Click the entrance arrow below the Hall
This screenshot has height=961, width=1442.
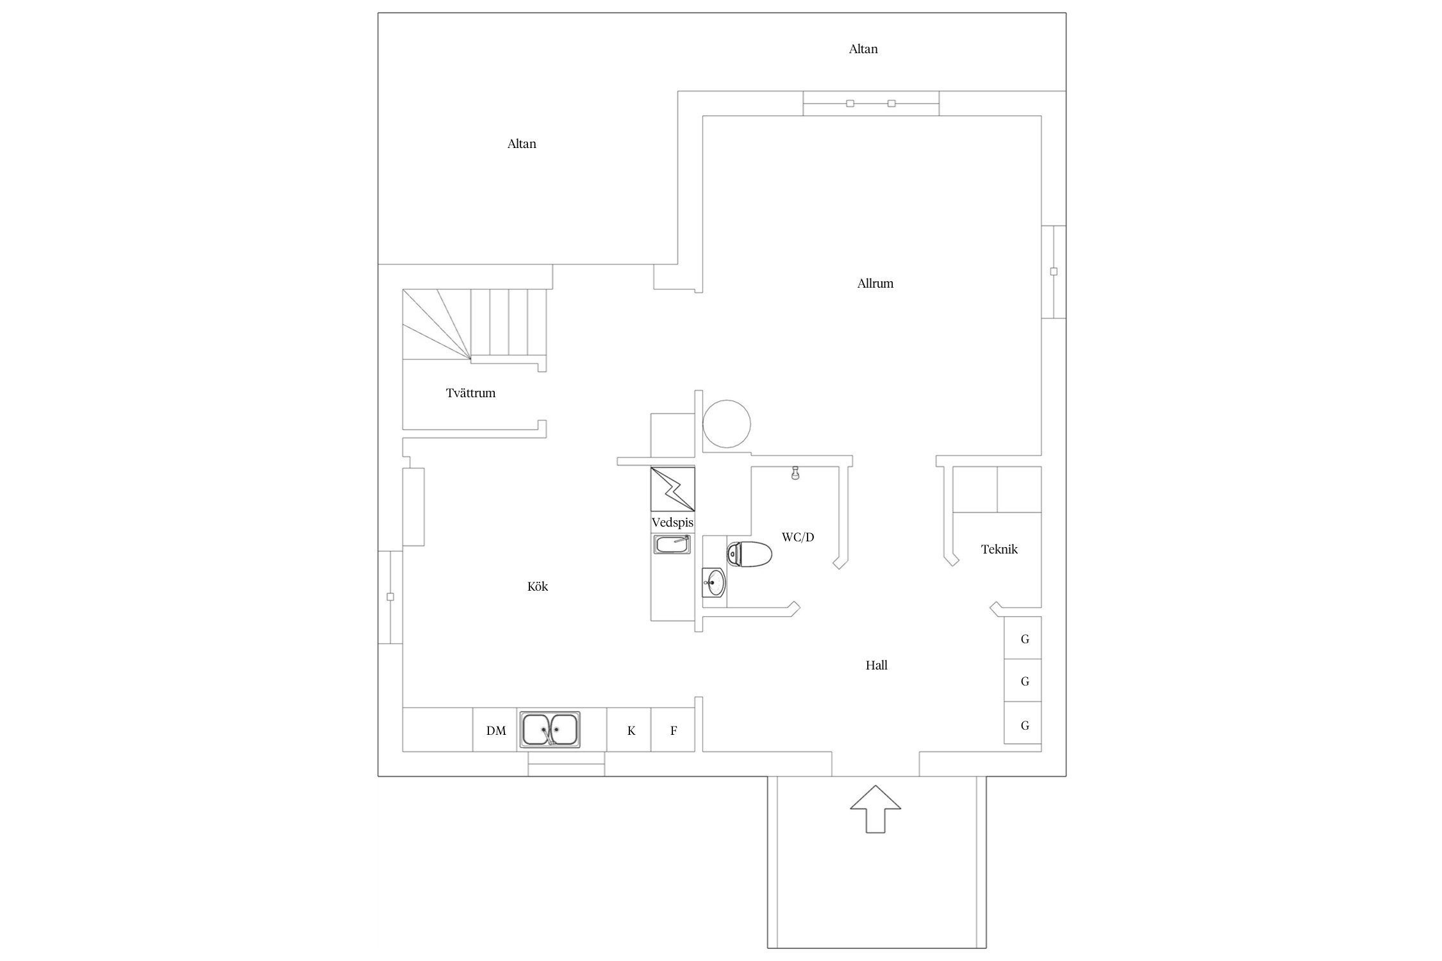pos(875,809)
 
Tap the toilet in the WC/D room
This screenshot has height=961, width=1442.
pos(749,554)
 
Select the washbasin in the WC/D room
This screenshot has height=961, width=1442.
pos(714,582)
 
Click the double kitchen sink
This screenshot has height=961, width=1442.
pos(550,729)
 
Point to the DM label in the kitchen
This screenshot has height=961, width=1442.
pos(496,730)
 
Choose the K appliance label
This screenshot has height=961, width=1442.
pos(631,730)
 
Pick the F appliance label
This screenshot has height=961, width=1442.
pos(674,730)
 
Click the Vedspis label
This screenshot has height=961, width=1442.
pos(672,523)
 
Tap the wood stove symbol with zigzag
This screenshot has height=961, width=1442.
pos(673,489)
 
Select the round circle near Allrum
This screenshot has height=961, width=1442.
pos(727,423)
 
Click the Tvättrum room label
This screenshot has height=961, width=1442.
pos(470,393)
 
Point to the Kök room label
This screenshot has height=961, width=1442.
pos(538,586)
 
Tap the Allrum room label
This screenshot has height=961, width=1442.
pos(875,283)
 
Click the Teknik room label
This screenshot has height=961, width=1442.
pos(999,549)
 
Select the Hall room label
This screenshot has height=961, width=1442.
pos(877,665)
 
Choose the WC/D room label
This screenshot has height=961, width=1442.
pos(798,537)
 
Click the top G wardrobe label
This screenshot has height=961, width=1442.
pos(1025,639)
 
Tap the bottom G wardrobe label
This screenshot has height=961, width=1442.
pos(1025,725)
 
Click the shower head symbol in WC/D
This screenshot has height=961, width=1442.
pos(795,473)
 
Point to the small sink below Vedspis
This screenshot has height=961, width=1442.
pos(673,545)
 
